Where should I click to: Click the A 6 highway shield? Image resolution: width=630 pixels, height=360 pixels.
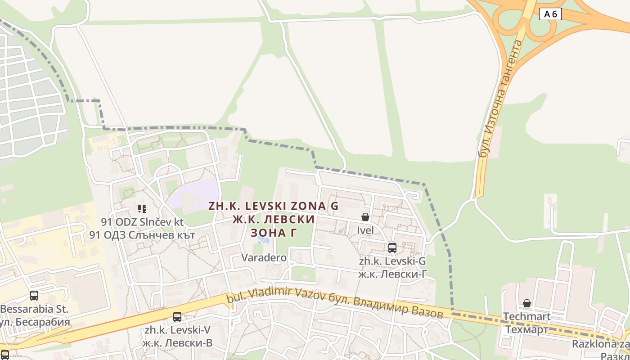[550, 14]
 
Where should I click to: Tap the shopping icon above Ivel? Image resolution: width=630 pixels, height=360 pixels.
[365, 217]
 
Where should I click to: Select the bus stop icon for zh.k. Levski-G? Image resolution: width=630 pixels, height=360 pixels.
[392, 247]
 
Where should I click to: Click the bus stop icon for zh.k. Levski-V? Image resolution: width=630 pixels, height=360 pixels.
[177, 316]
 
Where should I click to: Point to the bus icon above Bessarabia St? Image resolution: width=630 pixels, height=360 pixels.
[34, 296]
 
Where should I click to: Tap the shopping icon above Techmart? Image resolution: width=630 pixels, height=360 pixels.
[526, 303]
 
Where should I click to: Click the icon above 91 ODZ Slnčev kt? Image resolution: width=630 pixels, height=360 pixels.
[142, 208]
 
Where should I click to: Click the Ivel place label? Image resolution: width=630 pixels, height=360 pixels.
[365, 230]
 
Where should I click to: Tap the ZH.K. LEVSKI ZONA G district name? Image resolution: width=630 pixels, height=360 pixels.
[273, 206]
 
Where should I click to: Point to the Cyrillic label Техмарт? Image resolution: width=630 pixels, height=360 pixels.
[526, 330]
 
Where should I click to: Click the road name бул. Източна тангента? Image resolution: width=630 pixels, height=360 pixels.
[500, 99]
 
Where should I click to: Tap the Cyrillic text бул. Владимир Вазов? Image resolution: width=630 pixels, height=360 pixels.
[391, 306]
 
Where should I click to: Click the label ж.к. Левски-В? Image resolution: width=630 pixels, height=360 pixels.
[177, 343]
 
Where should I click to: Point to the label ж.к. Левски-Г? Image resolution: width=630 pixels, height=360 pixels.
[392, 274]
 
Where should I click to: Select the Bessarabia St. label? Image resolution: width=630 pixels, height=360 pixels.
[34, 309]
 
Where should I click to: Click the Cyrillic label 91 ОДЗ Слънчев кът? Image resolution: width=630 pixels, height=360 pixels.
[142, 235]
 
